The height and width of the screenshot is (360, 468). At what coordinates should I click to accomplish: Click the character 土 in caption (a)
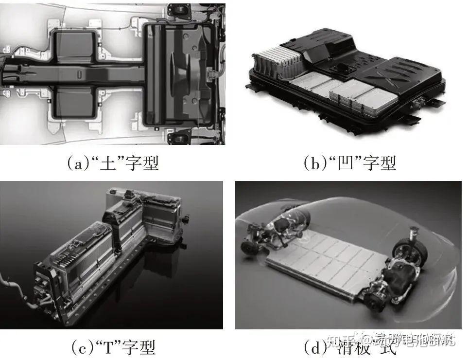point(106,162)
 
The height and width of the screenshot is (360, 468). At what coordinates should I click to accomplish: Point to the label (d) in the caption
point(314,347)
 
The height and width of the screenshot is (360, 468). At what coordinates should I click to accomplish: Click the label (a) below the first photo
point(78,162)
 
